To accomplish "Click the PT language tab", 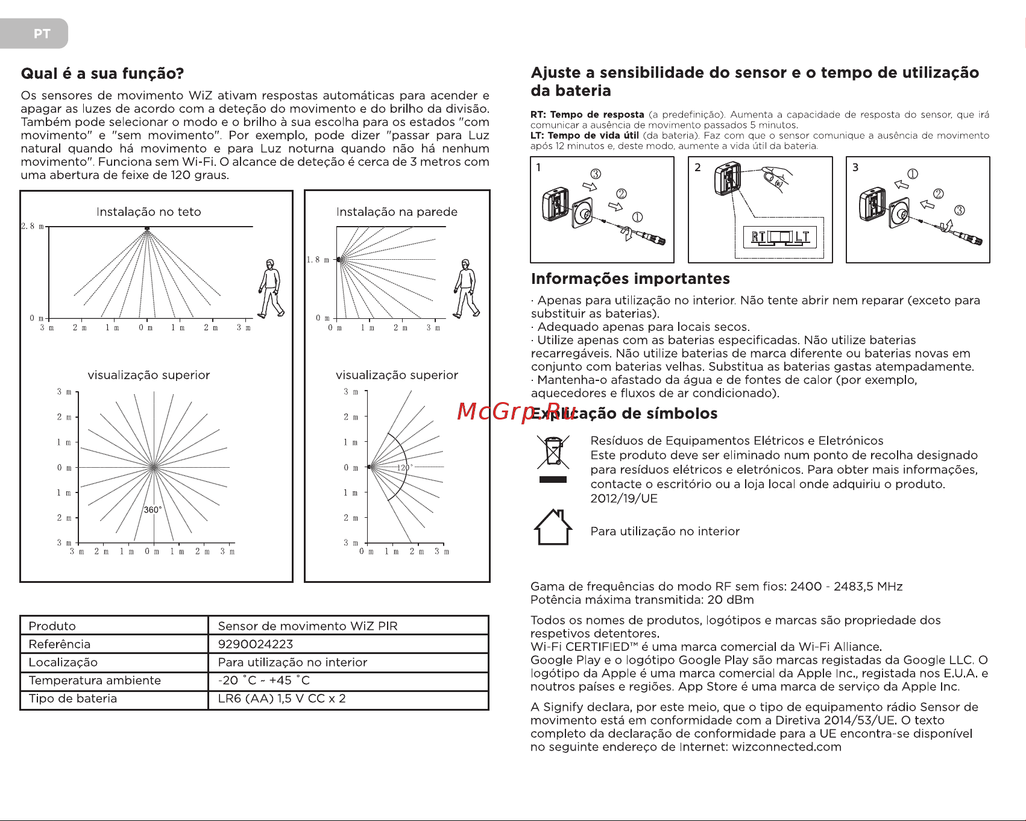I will coord(41,34).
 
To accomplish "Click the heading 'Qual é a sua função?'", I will coord(102,74).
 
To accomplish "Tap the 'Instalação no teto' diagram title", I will coord(148,212).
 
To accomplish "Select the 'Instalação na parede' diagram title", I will coord(397,212).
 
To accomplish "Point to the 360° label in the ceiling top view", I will coord(153,510).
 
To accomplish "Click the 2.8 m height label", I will coord(32,226).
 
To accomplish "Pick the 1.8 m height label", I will coord(318,260).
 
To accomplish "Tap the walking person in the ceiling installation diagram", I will coord(271,288).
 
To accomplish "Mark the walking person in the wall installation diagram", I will coord(467,288).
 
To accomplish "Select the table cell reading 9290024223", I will coord(256,644).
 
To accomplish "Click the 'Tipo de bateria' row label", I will coord(73,698).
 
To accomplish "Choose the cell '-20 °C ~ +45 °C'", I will coord(264,680).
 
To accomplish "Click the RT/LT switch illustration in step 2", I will coord(780,237).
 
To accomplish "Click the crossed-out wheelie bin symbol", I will coord(553,452).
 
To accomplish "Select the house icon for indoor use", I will coord(553,527).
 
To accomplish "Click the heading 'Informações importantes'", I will coord(630,278).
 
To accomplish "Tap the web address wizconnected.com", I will coord(787,747).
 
